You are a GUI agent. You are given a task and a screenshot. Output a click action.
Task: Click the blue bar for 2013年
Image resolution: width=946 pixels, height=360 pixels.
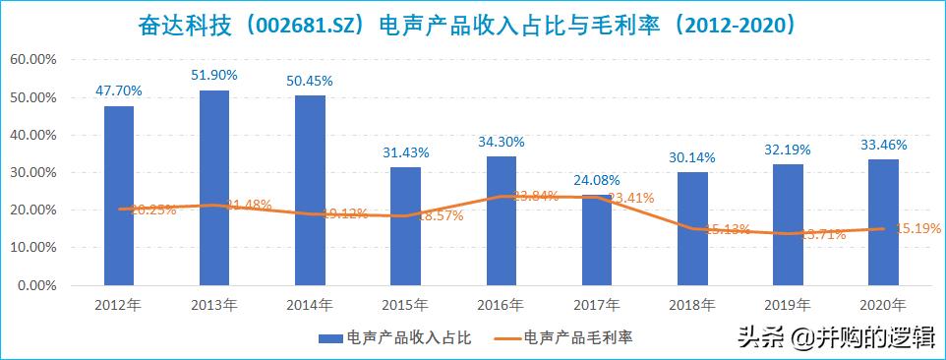tap(214, 188)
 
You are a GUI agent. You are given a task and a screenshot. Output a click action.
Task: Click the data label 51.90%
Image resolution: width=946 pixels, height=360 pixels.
tap(214, 75)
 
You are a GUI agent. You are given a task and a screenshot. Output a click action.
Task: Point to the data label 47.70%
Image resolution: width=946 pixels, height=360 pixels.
tap(119, 90)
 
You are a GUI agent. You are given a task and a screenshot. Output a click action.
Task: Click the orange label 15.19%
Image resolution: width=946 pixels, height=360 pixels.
tap(916, 228)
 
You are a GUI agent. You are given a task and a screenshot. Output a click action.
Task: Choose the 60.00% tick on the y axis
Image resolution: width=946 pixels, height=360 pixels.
tap(33, 60)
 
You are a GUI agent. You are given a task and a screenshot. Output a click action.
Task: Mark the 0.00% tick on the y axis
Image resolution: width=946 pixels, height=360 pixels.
tap(36, 285)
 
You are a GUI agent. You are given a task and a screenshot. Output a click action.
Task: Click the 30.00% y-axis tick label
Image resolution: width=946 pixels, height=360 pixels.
tap(33, 173)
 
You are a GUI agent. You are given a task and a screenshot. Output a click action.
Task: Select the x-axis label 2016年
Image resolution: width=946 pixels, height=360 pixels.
tap(501, 304)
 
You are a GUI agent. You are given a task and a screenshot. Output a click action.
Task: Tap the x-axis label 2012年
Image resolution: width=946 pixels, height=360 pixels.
tap(119, 304)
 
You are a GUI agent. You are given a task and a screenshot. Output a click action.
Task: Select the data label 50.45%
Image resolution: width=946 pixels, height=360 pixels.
tap(310, 81)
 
